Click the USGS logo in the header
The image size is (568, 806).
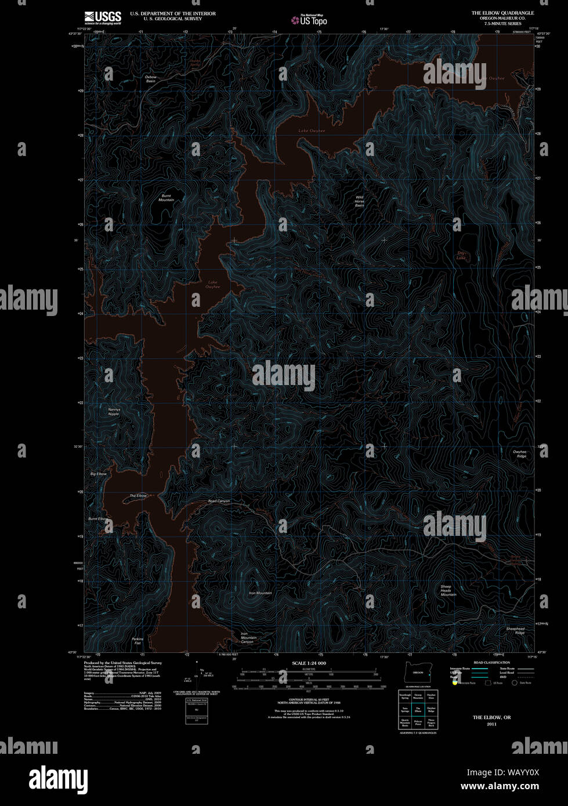coord(103,17)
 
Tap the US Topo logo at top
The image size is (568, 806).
coord(309,20)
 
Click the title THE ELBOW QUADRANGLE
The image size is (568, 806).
coord(502,12)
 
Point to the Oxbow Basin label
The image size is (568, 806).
coord(151,79)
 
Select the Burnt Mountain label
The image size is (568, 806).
coord(166,198)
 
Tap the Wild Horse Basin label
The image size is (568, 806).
coord(360,201)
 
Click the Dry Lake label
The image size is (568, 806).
coord(461,255)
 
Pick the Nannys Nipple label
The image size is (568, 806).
coord(114,412)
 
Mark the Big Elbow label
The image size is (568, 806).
coord(99,474)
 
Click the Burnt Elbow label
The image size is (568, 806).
coord(97,518)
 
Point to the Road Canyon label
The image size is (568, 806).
coord(219,501)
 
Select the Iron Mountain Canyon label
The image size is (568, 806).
coord(248,638)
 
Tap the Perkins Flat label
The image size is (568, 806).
coord(138,641)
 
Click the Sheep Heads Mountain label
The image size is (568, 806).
coord(448,590)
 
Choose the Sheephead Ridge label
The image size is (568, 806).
coord(515,630)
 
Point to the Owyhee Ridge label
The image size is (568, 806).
coord(519,454)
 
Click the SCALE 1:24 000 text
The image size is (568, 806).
coord(309,663)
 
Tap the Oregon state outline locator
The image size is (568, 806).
coord(417,672)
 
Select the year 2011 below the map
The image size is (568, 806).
coord(491,724)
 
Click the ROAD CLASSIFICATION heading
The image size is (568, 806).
coord(491,662)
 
